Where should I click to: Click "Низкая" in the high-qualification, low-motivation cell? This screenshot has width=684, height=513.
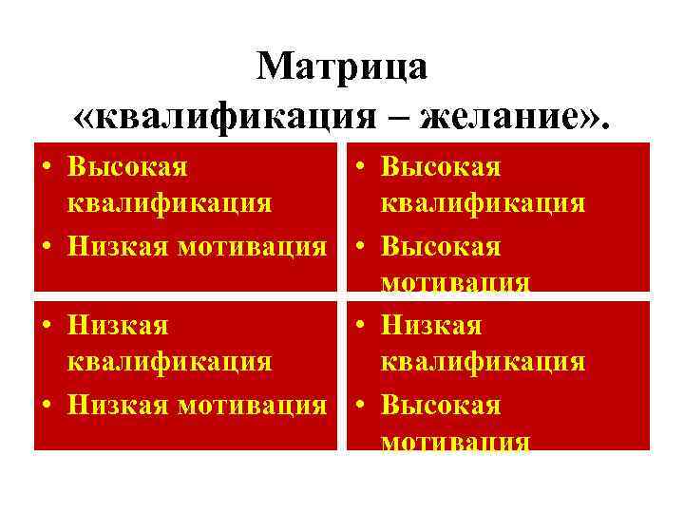117,246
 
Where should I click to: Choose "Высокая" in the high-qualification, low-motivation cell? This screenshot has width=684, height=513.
127,166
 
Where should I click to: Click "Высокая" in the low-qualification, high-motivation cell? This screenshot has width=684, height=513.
441,406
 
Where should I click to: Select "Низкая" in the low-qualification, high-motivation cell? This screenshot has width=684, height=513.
430,326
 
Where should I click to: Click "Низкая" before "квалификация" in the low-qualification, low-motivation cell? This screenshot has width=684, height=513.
117,326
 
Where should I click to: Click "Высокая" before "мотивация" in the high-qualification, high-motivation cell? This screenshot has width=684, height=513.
441,246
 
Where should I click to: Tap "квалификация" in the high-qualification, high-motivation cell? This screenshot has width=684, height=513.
483,204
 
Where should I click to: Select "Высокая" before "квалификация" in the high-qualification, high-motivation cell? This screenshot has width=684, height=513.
441,166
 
